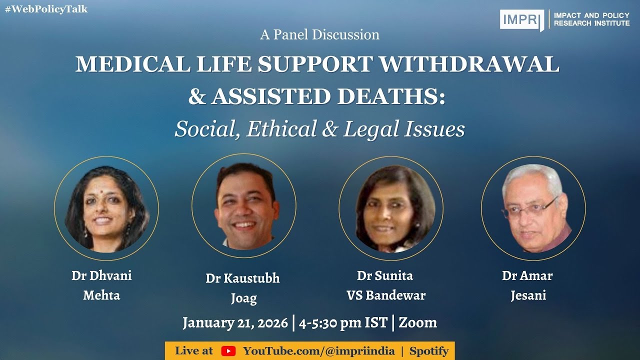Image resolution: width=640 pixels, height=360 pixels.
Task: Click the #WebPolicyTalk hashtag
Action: (x=46, y=9)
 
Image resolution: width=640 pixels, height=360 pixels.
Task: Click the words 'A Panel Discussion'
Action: (x=319, y=34)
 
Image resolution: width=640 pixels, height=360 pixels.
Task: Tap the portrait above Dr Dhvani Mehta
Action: (x=106, y=208)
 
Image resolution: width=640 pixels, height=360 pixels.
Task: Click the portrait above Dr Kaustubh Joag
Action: (x=244, y=205)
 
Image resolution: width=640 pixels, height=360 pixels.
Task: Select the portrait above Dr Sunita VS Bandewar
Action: (x=390, y=208)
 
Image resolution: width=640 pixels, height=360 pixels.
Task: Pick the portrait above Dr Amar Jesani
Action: (x=533, y=208)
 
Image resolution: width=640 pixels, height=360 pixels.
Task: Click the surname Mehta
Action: (x=101, y=295)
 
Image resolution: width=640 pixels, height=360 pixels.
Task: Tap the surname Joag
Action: (x=243, y=298)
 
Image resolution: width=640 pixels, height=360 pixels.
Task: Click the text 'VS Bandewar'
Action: (x=386, y=295)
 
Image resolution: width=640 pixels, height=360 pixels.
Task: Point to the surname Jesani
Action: (x=528, y=295)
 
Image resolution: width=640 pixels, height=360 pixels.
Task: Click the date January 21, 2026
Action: (x=235, y=322)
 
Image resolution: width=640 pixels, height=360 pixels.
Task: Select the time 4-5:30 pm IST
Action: (x=343, y=322)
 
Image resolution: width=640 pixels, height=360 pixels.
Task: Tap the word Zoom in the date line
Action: (x=418, y=322)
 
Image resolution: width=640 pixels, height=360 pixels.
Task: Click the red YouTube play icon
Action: (x=228, y=351)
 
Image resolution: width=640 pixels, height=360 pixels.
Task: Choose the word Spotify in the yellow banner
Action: (x=428, y=351)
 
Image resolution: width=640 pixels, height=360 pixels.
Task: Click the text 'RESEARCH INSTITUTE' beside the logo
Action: (x=591, y=23)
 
